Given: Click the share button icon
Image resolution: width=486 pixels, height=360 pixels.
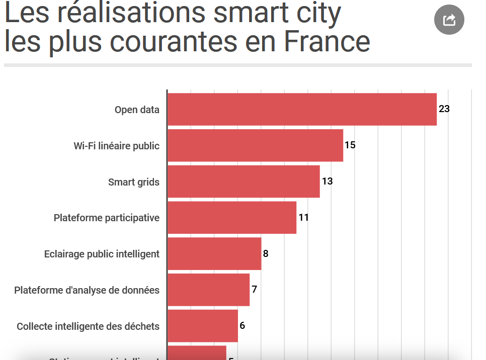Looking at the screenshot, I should click(x=449, y=20).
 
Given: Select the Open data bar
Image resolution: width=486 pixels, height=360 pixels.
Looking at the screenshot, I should click(x=302, y=109).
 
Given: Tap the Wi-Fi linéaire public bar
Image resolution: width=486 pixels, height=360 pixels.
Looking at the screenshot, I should click(x=255, y=145).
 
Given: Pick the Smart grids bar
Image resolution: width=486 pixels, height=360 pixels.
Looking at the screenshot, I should click(x=244, y=182).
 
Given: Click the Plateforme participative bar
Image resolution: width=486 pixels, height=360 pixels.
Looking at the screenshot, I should click(x=231, y=218).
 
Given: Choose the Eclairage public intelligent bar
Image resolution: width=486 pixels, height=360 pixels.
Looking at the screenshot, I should click(x=214, y=253).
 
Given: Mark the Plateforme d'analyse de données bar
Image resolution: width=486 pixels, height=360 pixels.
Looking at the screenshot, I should click(x=208, y=290).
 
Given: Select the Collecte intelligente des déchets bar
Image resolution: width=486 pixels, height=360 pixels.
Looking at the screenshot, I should click(x=202, y=326).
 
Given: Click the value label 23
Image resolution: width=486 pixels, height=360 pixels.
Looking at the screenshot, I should click(x=444, y=109).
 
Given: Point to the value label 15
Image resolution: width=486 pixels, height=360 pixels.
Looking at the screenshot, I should click(x=350, y=145).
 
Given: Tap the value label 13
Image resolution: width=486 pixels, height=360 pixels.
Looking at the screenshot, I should click(x=327, y=181).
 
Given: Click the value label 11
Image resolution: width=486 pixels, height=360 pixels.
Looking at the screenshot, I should click(x=303, y=217).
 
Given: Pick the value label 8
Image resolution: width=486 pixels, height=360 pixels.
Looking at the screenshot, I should click(x=266, y=253).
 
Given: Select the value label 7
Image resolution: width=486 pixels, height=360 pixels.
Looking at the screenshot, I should click(x=255, y=290).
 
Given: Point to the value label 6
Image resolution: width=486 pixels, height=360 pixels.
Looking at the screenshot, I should click(x=242, y=325).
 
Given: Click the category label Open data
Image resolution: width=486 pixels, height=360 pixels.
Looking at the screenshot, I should click(x=137, y=110).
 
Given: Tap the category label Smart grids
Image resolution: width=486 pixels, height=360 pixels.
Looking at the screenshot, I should click(x=134, y=182).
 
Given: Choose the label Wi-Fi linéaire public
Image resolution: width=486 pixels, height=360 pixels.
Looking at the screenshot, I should click(x=117, y=146).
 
